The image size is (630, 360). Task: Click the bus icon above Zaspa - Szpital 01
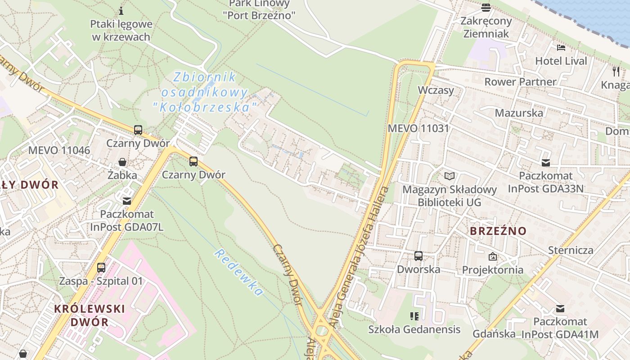pyautogui.click(x=101, y=268)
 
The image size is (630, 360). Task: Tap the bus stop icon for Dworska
pyautogui.click(x=418, y=256)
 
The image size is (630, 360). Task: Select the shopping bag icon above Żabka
pyautogui.click(x=122, y=162)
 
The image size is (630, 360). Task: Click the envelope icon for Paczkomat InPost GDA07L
pyautogui.click(x=127, y=201)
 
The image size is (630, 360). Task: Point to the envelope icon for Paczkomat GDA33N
pyautogui.click(x=546, y=162)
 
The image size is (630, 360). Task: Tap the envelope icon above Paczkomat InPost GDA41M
pyautogui.click(x=560, y=309)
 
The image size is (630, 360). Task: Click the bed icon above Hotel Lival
pyautogui.click(x=561, y=47)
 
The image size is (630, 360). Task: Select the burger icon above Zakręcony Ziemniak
pyautogui.click(x=486, y=8)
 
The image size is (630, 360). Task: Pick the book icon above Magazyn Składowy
pyautogui.click(x=449, y=176)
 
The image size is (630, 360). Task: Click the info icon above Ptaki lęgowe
pyautogui.click(x=121, y=10)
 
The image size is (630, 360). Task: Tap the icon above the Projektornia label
pyautogui.click(x=493, y=256)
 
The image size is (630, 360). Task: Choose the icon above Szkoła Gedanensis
pyautogui.click(x=414, y=316)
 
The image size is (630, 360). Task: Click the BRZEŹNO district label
pyautogui.click(x=498, y=231)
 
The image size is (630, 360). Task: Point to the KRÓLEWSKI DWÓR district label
pyautogui.click(x=89, y=315)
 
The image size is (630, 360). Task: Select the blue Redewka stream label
pyautogui.click(x=238, y=273)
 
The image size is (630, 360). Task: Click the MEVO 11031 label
pyautogui.click(x=418, y=128)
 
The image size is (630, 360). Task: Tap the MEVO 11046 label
pyautogui.click(x=59, y=150)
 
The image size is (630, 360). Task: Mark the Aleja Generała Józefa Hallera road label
pyautogui.click(x=360, y=256)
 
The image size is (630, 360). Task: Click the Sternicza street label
pyautogui.click(x=571, y=250)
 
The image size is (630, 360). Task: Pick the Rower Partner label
pyautogui.click(x=520, y=82)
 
